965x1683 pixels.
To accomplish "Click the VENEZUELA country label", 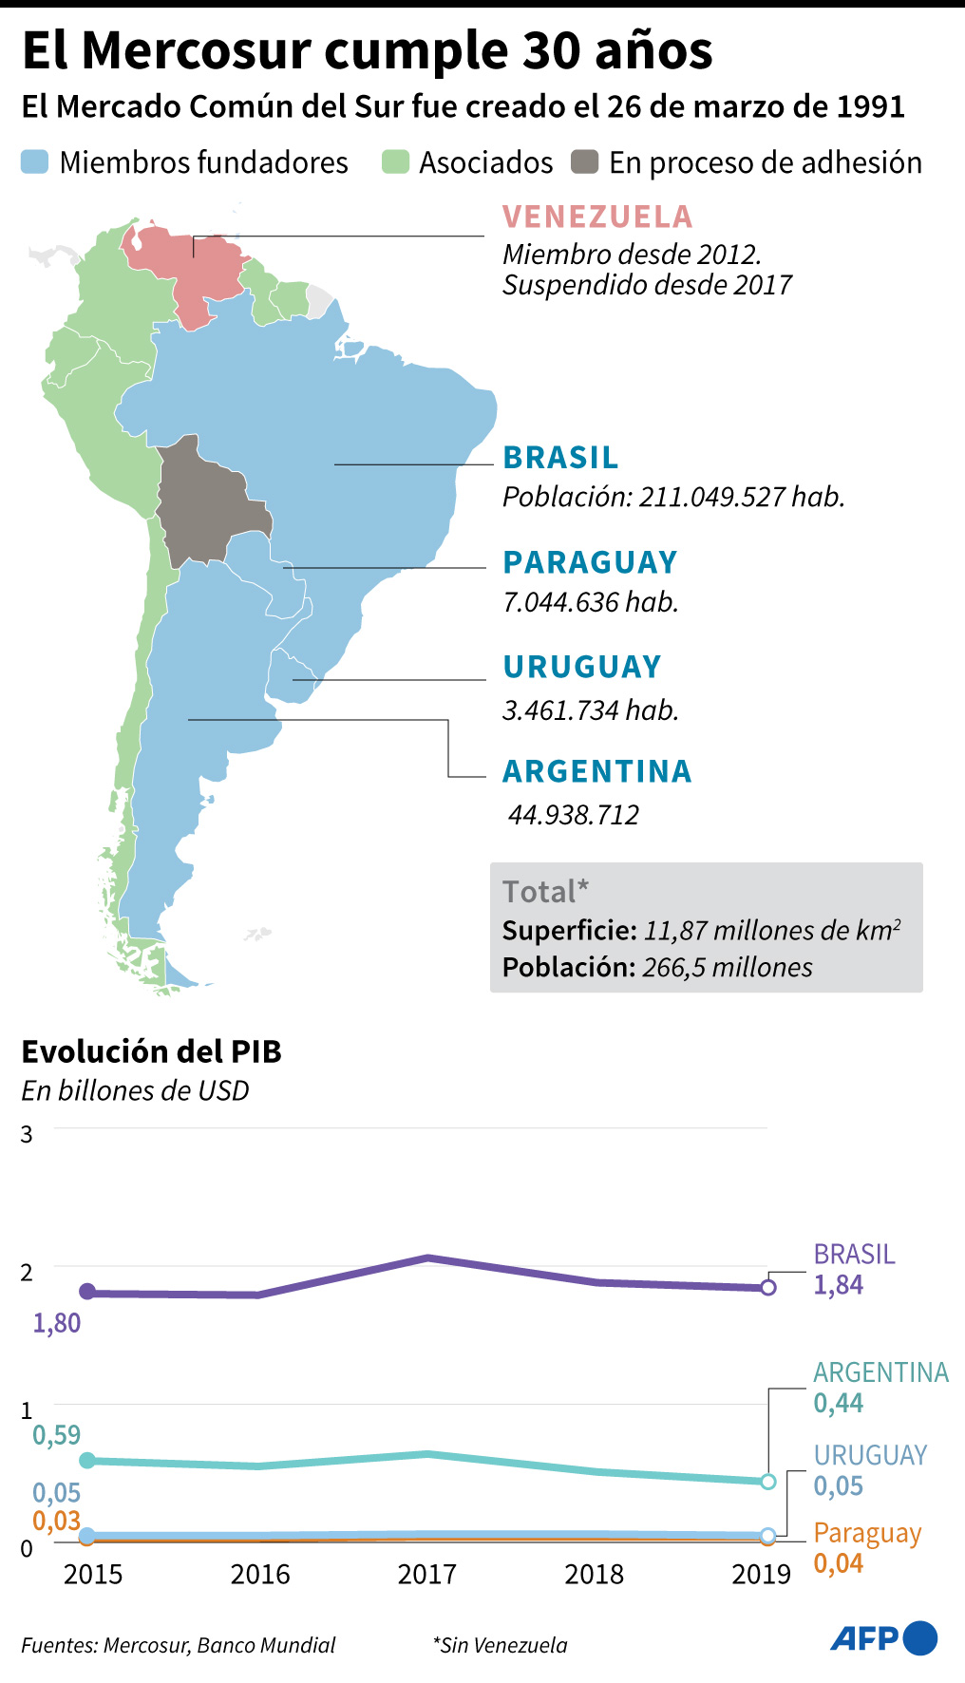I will click(597, 217).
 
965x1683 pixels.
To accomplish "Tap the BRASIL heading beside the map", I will click(560, 458).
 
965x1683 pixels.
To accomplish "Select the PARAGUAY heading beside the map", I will click(590, 562).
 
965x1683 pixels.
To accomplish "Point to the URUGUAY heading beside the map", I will click(581, 667).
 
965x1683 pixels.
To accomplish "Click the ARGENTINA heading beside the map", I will click(596, 771).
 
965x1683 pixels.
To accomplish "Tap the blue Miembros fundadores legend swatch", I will click(34, 162).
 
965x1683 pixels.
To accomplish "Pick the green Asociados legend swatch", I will click(395, 162).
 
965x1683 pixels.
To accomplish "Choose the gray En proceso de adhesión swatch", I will click(584, 162).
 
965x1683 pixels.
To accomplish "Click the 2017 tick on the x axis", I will click(427, 1575).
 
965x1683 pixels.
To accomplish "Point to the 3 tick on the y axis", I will click(27, 1135).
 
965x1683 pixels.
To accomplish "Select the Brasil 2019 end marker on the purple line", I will click(768, 1288).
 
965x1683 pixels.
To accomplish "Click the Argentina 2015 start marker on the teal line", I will click(87, 1461).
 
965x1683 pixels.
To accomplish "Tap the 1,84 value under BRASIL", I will click(839, 1285).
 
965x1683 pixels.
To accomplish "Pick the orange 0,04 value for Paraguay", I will click(839, 1563).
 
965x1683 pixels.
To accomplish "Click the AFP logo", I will click(883, 1638).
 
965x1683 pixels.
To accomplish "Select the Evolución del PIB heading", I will click(152, 1052).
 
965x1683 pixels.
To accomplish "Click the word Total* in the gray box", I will click(545, 892).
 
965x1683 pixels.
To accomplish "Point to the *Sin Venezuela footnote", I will click(500, 1646).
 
